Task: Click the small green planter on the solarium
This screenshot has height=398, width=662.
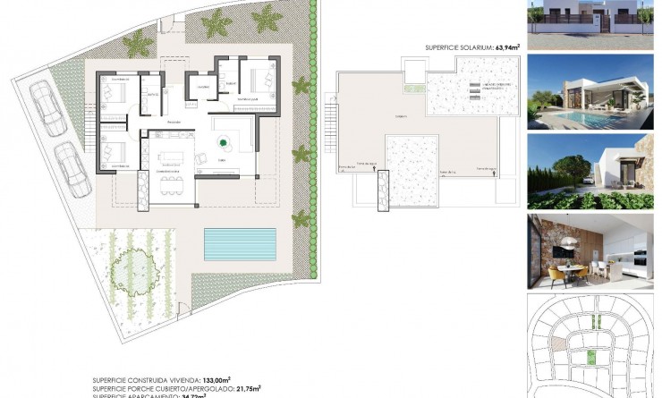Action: pyautogui.click(x=413, y=88)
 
